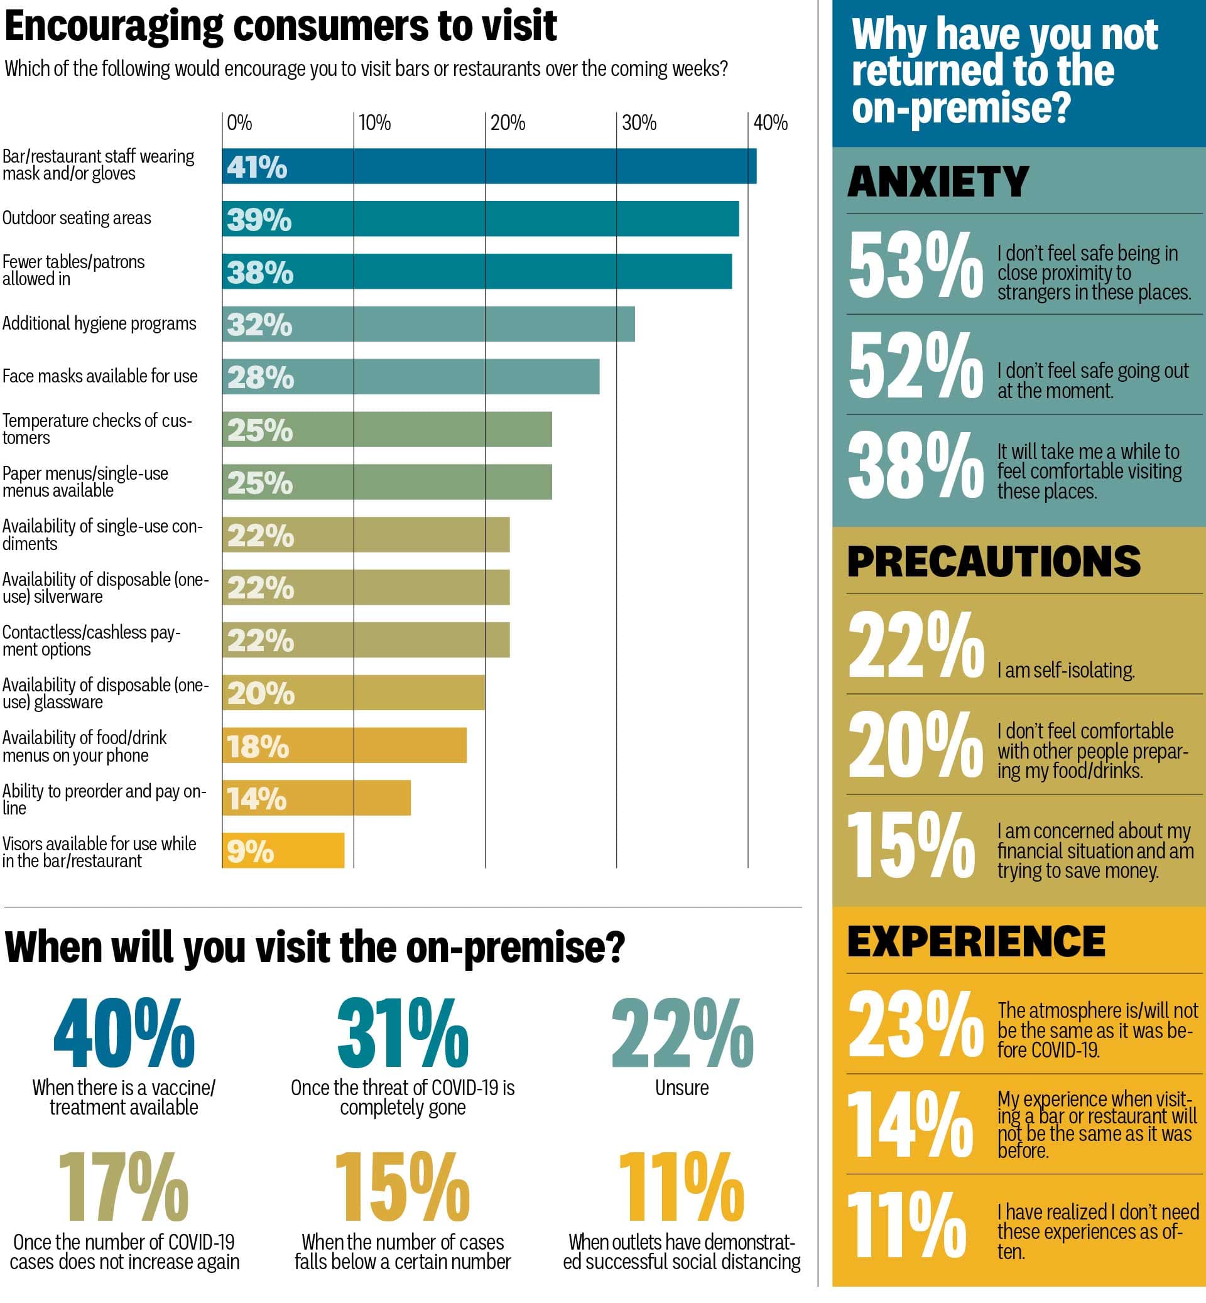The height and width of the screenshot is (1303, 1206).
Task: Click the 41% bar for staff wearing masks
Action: point(489,166)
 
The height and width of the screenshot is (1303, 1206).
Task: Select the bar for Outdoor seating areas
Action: point(480,219)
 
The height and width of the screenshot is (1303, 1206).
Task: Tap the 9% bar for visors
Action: point(283,850)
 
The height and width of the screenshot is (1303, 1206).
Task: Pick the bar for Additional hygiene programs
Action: point(428,323)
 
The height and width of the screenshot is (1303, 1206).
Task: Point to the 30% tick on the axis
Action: point(638,122)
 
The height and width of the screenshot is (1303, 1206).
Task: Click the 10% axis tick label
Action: point(374,122)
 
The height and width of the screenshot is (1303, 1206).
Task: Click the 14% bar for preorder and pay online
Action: point(316,797)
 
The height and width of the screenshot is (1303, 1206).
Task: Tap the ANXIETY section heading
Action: point(938,181)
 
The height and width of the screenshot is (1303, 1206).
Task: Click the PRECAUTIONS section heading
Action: point(993,561)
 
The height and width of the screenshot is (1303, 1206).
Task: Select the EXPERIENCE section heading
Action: point(975,941)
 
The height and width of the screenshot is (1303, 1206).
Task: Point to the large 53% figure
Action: point(915,266)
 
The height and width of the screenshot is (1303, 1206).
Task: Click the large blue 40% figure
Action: point(124,1034)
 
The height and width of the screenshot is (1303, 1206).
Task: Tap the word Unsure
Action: point(682,1088)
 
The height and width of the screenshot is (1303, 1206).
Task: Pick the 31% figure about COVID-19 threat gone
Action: point(403,1034)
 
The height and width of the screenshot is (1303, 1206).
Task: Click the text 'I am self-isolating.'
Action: point(1066,670)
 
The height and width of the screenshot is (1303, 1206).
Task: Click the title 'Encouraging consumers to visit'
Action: point(281,26)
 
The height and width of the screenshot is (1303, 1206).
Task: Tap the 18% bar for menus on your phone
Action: point(344,745)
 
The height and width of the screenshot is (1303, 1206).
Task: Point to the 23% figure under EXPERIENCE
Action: point(915,1024)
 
